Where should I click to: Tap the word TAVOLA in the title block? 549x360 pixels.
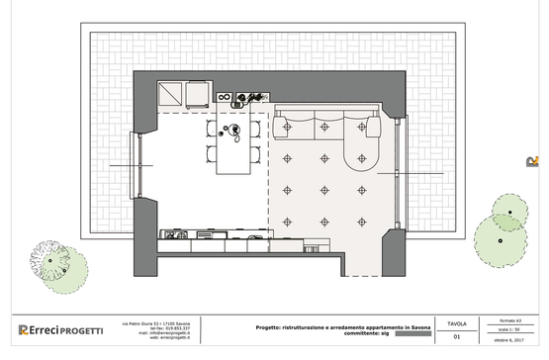pos(457,323)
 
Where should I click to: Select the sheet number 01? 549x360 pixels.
pos(457,337)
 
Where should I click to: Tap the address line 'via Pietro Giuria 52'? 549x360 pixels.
pos(162,321)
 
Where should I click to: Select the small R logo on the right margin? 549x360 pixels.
pos(532,161)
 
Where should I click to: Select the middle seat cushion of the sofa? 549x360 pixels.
pos(325,125)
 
